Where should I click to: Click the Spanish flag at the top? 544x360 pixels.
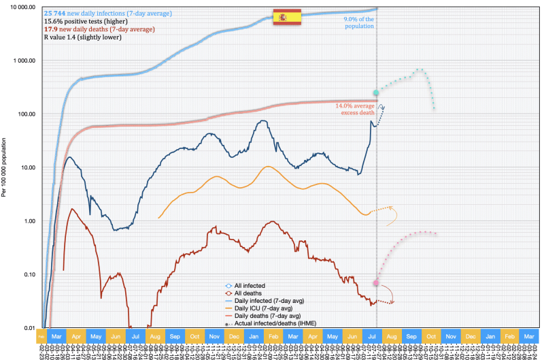(286, 17)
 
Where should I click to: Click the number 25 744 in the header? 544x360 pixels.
(55, 14)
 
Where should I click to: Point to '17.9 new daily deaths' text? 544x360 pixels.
(76, 30)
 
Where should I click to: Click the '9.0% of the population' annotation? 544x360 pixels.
(359, 23)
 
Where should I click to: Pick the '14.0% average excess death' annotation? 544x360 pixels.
(354, 109)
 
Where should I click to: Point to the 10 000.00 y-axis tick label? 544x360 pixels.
(23, 7)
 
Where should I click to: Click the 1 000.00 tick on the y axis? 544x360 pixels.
(25, 61)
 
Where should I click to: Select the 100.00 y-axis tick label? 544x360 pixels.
(27, 114)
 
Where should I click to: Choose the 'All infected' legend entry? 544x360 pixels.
(249, 286)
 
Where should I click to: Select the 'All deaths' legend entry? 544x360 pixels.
(248, 293)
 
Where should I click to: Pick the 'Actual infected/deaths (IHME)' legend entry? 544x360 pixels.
(275, 323)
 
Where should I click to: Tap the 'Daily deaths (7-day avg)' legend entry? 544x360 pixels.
(266, 316)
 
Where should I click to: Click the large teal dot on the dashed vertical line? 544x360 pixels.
(376, 93)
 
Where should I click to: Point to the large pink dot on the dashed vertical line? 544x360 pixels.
(376, 282)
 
